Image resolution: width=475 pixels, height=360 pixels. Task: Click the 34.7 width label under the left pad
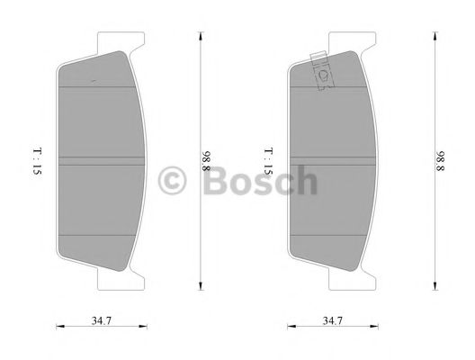pyautogui.click(x=102, y=320)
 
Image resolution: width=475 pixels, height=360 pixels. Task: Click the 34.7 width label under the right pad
pyautogui.click(x=333, y=320)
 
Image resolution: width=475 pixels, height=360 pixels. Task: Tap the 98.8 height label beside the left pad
pyautogui.click(x=206, y=161)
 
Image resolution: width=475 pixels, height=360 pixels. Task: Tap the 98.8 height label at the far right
pyautogui.click(x=440, y=161)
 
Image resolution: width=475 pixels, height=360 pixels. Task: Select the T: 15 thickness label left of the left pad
pyautogui.click(x=37, y=161)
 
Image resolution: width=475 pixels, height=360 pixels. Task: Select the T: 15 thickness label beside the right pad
pyautogui.click(x=268, y=161)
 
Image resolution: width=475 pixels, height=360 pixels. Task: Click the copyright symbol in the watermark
pyautogui.click(x=172, y=181)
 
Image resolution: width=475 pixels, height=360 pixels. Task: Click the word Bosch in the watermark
pyautogui.click(x=261, y=180)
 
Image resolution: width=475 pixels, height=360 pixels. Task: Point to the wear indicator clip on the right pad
pyautogui.click(x=323, y=72)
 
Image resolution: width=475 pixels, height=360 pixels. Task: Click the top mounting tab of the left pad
pyautogui.click(x=121, y=41)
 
